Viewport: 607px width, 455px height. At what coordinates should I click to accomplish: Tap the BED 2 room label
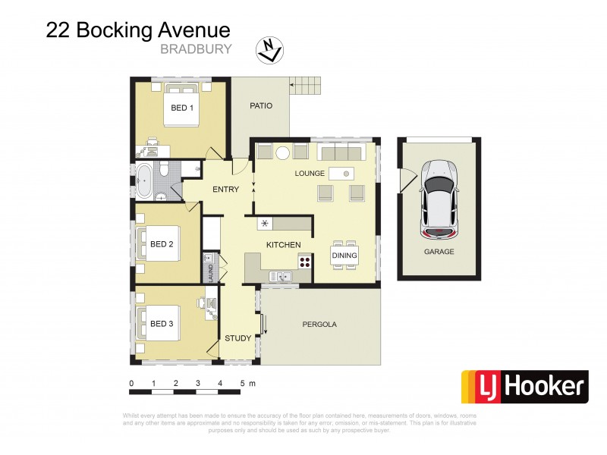point(162,244)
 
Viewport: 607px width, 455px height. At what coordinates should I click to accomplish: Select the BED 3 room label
point(162,324)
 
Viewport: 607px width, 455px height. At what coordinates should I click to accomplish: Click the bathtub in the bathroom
point(145,180)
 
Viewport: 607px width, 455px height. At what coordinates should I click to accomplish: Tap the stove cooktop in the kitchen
point(305,262)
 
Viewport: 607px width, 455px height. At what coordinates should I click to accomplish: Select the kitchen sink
point(282,276)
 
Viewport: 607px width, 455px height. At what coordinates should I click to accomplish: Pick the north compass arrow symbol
point(272,49)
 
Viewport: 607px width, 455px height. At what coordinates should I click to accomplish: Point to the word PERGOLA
point(319,324)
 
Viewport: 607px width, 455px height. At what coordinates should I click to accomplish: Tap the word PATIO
point(260,105)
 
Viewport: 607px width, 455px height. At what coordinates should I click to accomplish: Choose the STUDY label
point(238,338)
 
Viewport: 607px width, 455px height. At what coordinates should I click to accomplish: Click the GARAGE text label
point(439,251)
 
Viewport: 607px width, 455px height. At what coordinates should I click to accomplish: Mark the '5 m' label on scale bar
point(247,384)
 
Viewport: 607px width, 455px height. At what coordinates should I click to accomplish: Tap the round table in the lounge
point(282,152)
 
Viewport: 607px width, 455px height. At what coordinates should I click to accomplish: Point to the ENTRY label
point(226,190)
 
